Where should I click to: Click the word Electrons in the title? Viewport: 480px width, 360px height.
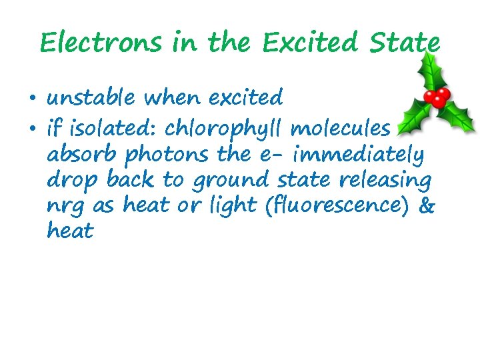click(100, 43)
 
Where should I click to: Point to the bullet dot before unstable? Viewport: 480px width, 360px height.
click(32, 100)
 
